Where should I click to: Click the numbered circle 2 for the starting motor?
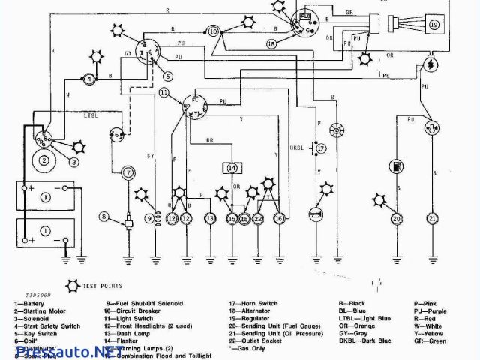44,160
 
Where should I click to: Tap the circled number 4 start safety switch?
89,79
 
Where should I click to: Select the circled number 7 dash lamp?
129,173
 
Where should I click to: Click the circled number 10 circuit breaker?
214,31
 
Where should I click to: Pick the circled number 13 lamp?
210,218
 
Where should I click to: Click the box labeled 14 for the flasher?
232,168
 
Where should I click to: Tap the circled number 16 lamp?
279,218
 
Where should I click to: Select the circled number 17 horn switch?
321,148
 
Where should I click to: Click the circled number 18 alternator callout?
271,44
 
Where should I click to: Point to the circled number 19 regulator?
434,25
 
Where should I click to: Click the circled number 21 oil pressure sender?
432,218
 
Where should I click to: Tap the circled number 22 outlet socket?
258,218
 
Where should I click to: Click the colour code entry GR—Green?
430,341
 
